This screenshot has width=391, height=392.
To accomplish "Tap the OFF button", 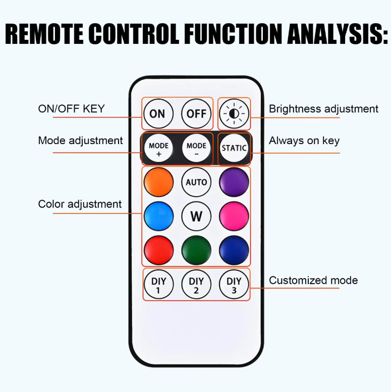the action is tap(196, 114).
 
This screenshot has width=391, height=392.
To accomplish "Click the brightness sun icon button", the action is tap(234, 114).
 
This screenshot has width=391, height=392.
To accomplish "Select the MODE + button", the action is tap(159, 148).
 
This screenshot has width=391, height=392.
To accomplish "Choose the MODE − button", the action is tap(196, 148).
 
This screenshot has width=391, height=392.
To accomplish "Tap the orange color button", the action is tap(159, 182).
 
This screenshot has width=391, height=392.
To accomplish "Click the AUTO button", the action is tap(196, 182).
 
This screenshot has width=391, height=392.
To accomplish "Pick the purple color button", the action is tap(234, 182).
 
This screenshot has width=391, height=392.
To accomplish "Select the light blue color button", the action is tap(159, 216).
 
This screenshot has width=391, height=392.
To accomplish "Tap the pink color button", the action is tap(234, 216).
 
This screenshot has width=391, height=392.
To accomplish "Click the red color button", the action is tap(159, 250).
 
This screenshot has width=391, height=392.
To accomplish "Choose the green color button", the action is tap(196, 250).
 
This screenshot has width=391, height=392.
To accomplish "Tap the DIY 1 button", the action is tap(159, 285).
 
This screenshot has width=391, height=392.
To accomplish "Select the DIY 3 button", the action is tap(234, 285).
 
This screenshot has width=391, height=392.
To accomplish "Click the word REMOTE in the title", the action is tap(44, 34).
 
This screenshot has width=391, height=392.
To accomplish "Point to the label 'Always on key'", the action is tap(304, 141).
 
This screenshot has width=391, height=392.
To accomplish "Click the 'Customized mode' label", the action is tap(313, 280).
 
